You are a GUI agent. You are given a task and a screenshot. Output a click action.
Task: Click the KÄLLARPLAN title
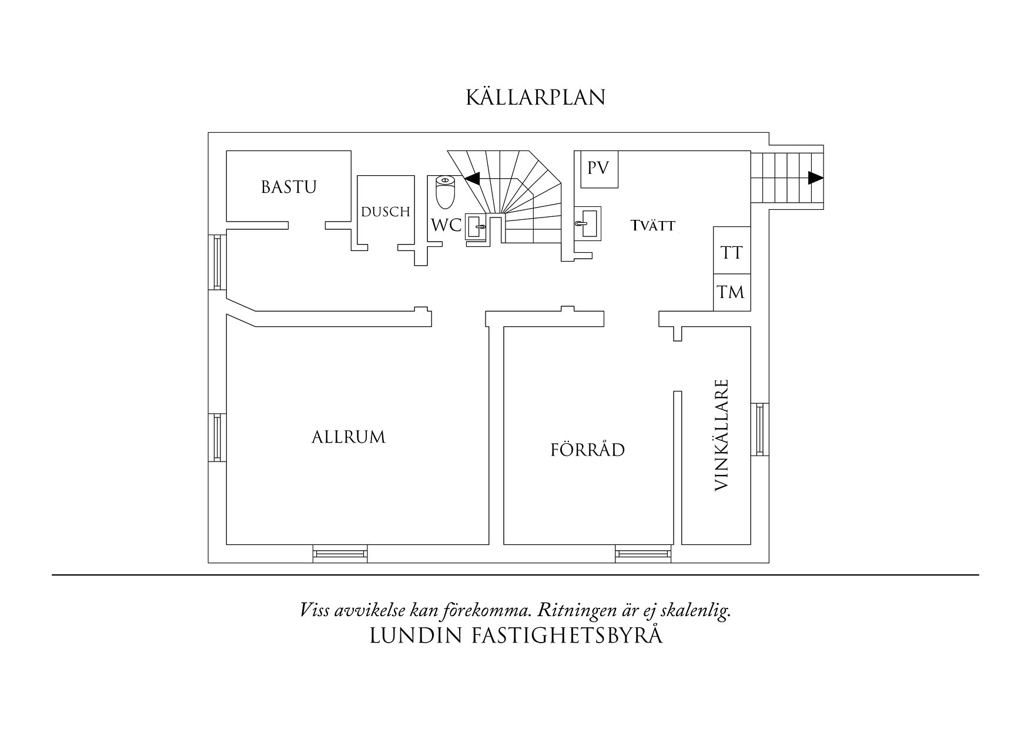(x=535, y=98)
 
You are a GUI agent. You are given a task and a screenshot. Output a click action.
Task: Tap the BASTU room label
(x=289, y=187)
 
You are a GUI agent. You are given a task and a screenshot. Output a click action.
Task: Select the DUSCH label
(x=386, y=212)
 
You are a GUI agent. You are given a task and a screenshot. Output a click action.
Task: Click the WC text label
(x=446, y=225)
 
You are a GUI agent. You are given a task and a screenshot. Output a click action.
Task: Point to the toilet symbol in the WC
(x=445, y=192)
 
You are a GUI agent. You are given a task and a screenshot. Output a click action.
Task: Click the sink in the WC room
(x=476, y=226)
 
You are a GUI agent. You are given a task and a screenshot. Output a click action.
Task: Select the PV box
(x=599, y=169)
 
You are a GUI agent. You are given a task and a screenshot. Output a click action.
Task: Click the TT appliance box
(x=732, y=253)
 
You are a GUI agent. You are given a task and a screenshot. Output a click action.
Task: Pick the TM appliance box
(x=732, y=292)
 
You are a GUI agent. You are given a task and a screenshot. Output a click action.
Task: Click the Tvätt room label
(x=653, y=225)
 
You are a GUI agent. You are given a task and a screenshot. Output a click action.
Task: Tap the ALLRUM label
(x=349, y=437)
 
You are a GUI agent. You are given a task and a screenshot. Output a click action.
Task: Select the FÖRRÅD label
(x=587, y=450)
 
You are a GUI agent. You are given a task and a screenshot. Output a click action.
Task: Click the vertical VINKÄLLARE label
(x=722, y=435)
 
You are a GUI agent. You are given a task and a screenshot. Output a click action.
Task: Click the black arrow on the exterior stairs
(x=815, y=178)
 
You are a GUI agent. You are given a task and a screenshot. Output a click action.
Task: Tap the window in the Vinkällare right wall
(x=759, y=429)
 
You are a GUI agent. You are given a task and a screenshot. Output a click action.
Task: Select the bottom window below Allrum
(x=340, y=553)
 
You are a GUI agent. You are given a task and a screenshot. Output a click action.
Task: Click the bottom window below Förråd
(x=642, y=553)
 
